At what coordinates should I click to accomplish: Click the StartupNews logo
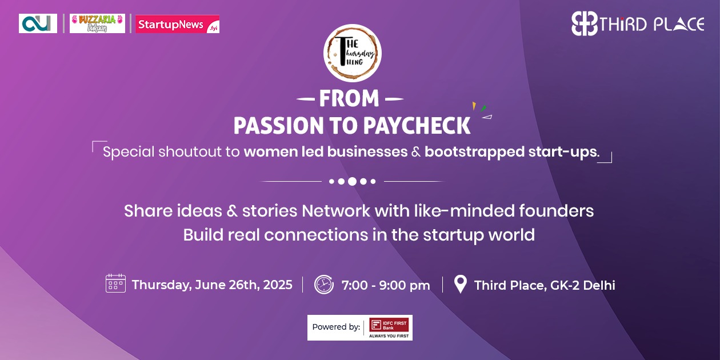[177, 24]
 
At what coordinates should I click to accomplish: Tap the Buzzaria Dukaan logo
[97, 23]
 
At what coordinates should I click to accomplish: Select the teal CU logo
[38, 23]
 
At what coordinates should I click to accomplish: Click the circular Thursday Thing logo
[352, 53]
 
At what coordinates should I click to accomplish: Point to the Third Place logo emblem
[585, 24]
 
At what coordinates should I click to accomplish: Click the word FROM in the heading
[349, 99]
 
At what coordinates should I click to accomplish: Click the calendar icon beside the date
[115, 284]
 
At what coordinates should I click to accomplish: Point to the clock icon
[323, 284]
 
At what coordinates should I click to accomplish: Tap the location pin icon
[460, 284]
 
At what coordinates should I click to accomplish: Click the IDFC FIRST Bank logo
[389, 327]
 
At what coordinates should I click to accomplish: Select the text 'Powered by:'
[336, 327]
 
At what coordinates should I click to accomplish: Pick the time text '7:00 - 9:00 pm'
[386, 285]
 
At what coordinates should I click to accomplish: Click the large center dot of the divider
[352, 181]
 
